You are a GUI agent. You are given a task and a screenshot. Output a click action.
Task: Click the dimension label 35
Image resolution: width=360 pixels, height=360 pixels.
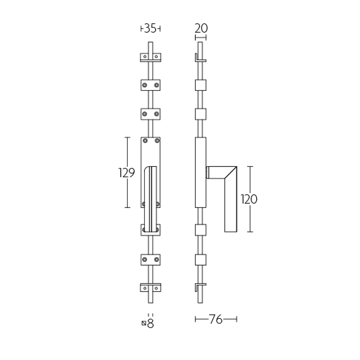[150, 28]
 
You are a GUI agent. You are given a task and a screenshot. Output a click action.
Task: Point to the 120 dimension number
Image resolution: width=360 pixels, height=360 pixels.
[249, 199]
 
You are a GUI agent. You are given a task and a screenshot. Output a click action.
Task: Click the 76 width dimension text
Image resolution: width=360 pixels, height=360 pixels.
[216, 319]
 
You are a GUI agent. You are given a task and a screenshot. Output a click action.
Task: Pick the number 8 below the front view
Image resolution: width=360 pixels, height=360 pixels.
[151, 323]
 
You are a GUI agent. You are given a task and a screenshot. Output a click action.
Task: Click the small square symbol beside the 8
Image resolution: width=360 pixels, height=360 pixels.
[144, 323]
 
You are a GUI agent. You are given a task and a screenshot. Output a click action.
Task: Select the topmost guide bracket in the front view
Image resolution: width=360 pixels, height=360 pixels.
[150, 57]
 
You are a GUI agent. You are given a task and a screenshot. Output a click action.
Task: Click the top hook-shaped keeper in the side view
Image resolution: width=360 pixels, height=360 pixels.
[199, 58]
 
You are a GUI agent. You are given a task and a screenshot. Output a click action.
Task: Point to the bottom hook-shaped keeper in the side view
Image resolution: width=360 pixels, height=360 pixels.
[199, 287]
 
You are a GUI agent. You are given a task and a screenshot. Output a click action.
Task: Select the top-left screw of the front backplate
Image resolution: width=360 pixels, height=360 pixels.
[144, 141]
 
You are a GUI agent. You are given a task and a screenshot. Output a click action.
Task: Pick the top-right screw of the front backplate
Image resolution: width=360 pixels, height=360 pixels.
[157, 141]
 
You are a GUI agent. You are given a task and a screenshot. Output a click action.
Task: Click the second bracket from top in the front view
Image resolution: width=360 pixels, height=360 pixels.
[150, 84]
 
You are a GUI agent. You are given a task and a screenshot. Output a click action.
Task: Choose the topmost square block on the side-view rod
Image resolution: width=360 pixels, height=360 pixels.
[201, 85]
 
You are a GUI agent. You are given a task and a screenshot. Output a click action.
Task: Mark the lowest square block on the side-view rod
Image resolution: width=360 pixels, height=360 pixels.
[201, 260]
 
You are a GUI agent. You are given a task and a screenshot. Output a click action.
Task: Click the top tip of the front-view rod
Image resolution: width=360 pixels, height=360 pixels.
[150, 44]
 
